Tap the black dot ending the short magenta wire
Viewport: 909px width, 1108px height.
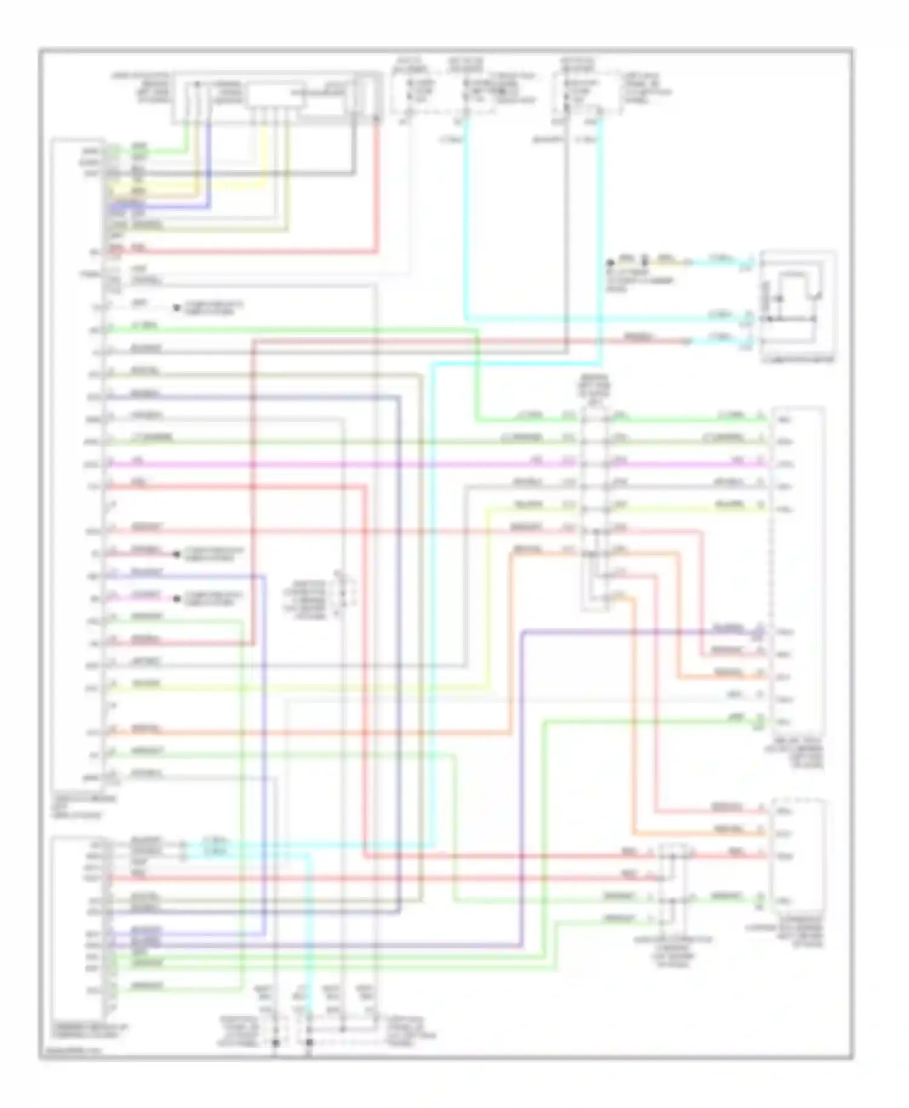[176, 599]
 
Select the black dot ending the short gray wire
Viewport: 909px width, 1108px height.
[176, 308]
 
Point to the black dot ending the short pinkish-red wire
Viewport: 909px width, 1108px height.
[176, 554]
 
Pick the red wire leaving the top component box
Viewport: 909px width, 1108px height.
[376, 182]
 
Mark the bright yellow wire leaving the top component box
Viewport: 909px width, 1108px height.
[262, 152]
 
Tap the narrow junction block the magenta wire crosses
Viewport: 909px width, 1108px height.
[594, 509]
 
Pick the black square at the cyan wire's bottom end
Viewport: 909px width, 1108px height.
[309, 1043]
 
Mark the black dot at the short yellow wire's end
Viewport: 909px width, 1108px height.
[611, 263]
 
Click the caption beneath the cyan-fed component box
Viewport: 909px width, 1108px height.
[798, 360]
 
